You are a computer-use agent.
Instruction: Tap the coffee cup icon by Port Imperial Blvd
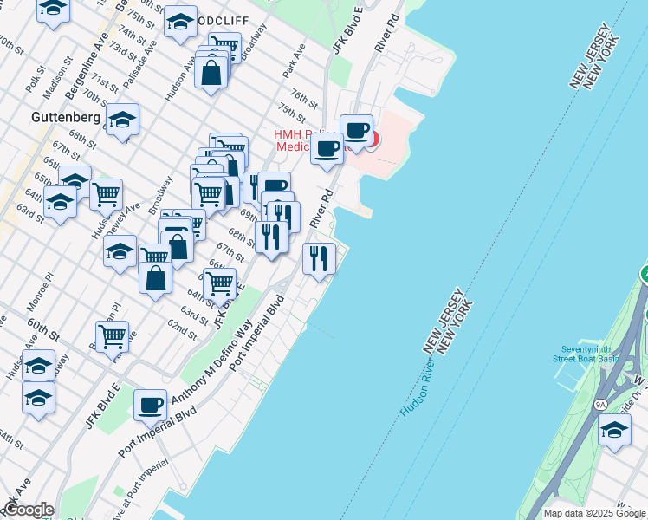[x=150, y=404]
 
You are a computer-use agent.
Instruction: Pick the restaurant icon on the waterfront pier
[x=319, y=257]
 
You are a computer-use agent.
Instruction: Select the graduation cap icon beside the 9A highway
[x=614, y=429]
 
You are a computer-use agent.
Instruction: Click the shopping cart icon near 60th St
[x=112, y=335]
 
